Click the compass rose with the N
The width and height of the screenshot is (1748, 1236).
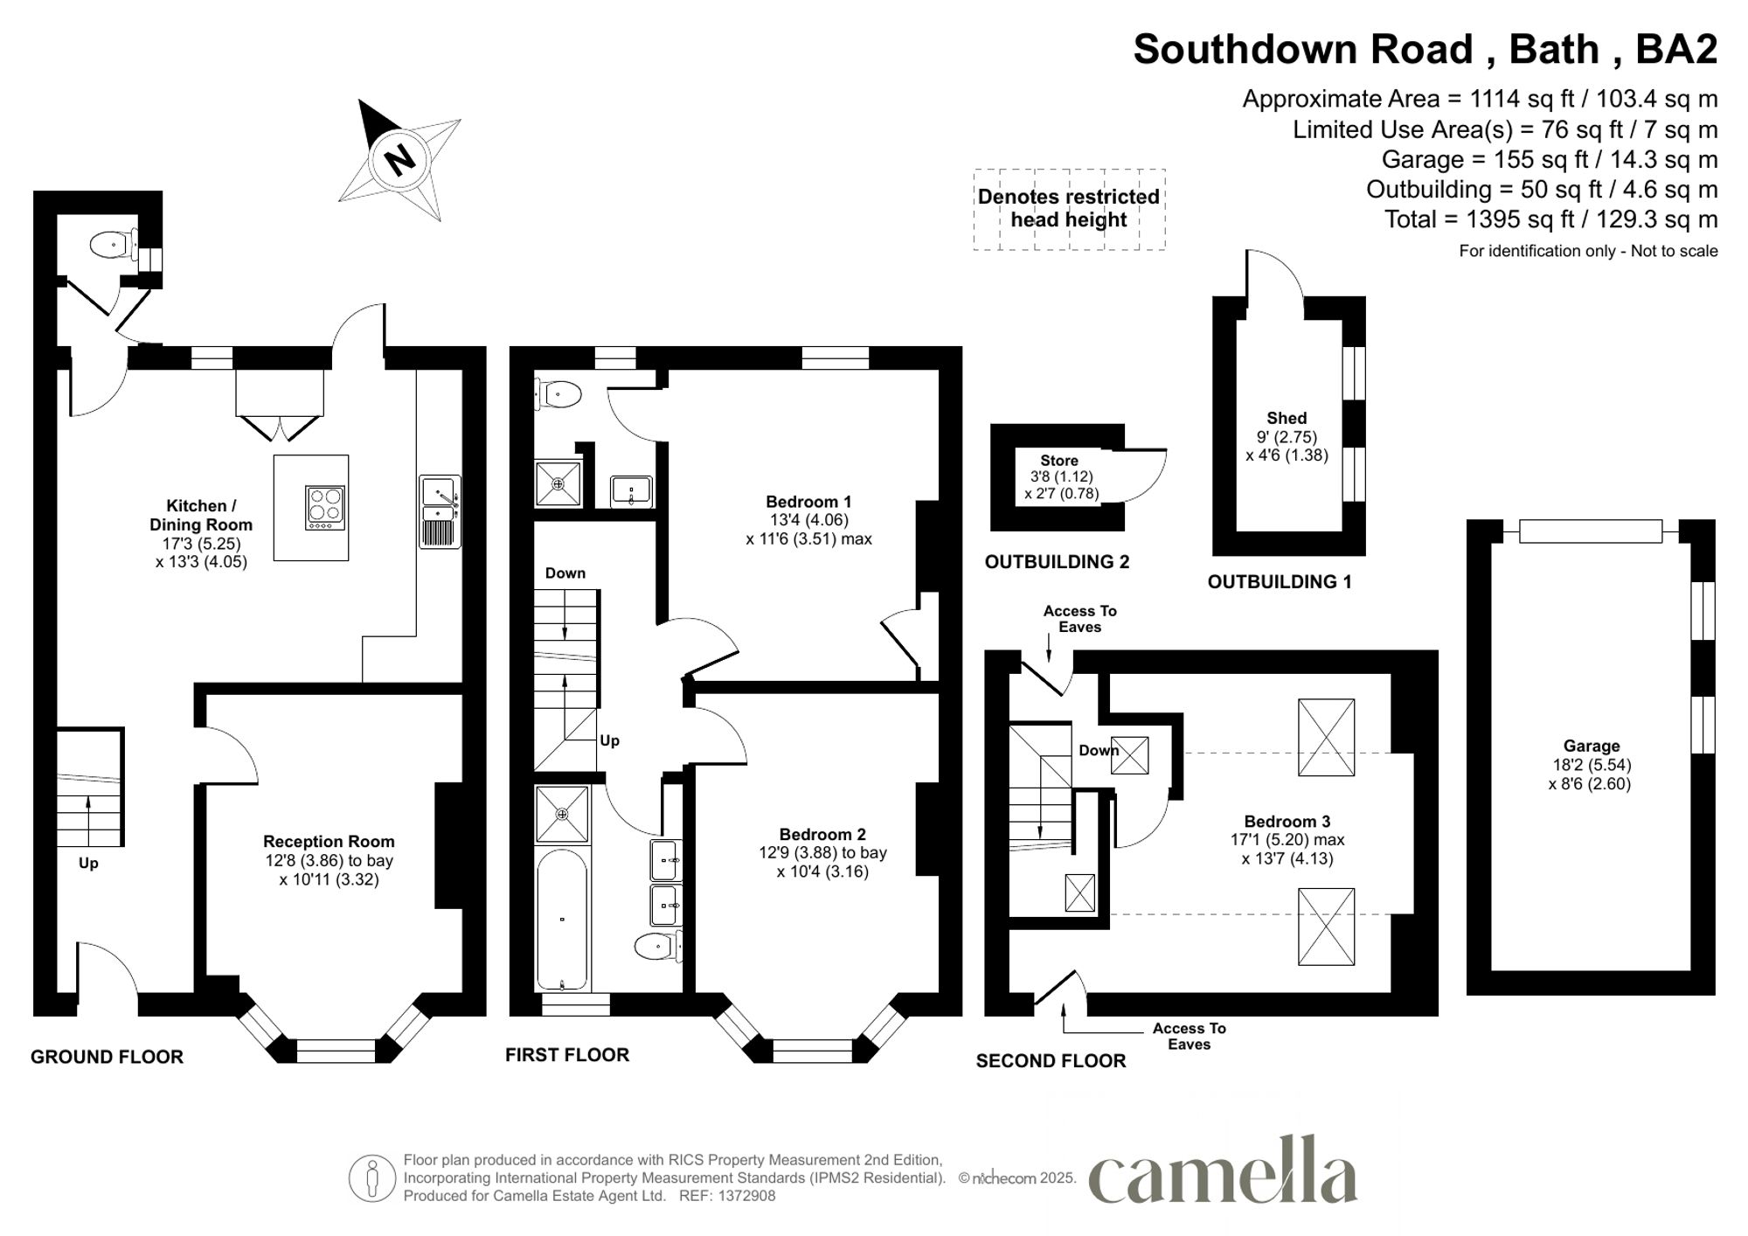coord(399,160)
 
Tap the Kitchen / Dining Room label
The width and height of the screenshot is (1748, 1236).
coord(201,515)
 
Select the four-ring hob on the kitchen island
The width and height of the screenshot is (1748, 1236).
coord(325,507)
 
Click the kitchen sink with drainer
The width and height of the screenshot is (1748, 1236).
coord(440,511)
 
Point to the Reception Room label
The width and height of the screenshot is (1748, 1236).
coord(329,842)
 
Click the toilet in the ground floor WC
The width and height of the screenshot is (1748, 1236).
coord(111,244)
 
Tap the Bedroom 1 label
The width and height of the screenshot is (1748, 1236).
coord(808,502)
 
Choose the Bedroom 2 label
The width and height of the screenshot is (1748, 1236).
coord(822,835)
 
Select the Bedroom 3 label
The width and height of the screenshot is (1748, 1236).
coord(1287,822)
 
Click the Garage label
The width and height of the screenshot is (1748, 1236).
coord(1592,746)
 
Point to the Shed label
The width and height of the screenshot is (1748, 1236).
coord(1287,418)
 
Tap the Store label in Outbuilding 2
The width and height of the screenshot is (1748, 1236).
coord(1059,461)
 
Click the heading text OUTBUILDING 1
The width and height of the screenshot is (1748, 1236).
coord(1280,581)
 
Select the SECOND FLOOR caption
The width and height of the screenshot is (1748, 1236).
coord(1051,1061)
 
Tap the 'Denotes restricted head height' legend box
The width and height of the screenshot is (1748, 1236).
coord(1069,209)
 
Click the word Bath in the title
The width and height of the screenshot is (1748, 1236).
coord(1554,49)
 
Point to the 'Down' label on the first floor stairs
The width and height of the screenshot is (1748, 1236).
coord(565,573)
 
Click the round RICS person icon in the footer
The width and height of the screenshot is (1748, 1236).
coord(372,1177)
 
